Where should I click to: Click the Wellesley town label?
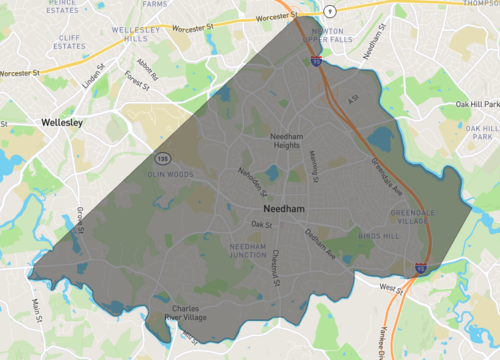(62, 122)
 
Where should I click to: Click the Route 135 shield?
(162, 158)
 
